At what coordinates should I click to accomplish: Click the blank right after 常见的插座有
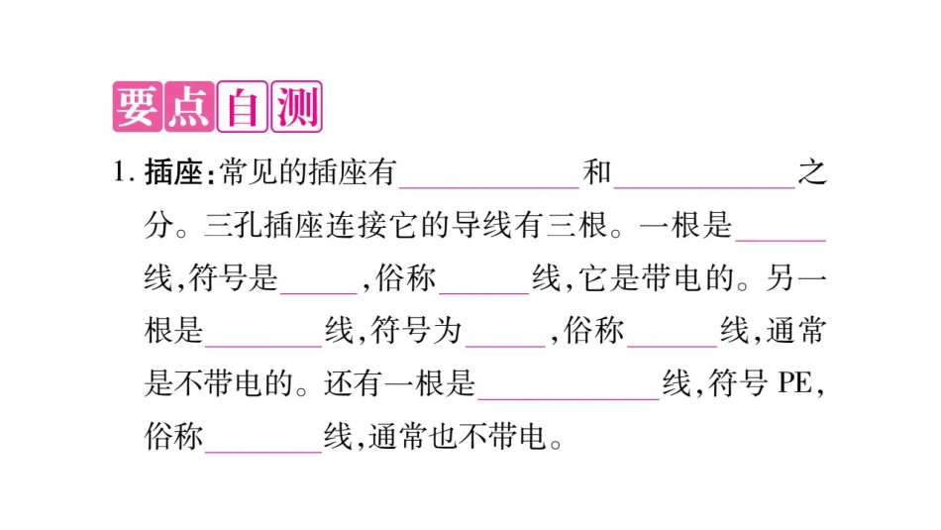[x=488, y=178]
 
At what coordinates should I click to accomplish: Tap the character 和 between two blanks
[x=597, y=175]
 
